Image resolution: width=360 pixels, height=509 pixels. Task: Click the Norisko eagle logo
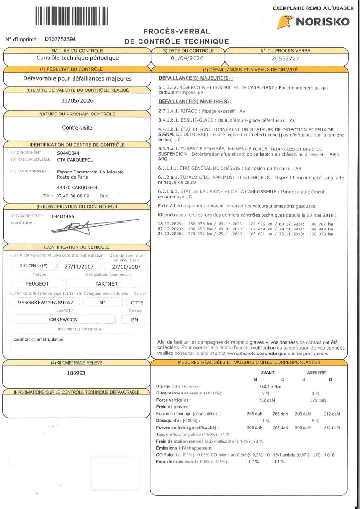point(285,22)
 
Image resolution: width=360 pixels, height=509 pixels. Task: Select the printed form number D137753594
point(60,40)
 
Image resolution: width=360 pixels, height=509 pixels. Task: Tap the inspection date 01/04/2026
point(188,58)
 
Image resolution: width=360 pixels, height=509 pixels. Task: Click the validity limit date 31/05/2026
point(78,100)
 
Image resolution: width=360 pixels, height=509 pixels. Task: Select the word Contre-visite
point(77,127)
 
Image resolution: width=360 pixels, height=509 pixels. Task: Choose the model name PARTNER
point(106,284)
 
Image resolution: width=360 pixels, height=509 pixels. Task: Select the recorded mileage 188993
point(77,373)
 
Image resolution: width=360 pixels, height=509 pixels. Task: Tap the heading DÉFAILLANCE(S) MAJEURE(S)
point(196,78)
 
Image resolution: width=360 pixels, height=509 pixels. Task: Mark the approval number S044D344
point(68,153)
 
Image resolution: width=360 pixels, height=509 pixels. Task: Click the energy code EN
point(135,320)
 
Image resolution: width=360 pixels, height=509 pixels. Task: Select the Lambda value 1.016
point(329,455)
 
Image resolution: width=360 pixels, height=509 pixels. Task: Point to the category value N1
point(103,303)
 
